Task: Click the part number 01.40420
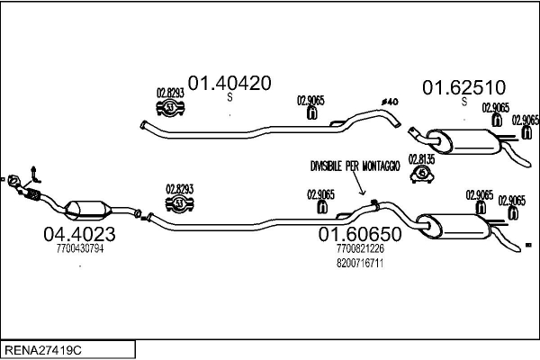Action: point(229,83)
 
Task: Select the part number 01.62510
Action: point(464,87)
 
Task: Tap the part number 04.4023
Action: point(79,235)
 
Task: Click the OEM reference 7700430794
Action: point(80,249)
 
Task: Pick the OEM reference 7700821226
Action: point(359,249)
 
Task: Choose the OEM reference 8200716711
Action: point(359,264)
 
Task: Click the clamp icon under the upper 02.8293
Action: point(171,109)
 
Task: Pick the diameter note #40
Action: point(390,101)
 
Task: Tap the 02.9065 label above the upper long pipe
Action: point(310,102)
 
